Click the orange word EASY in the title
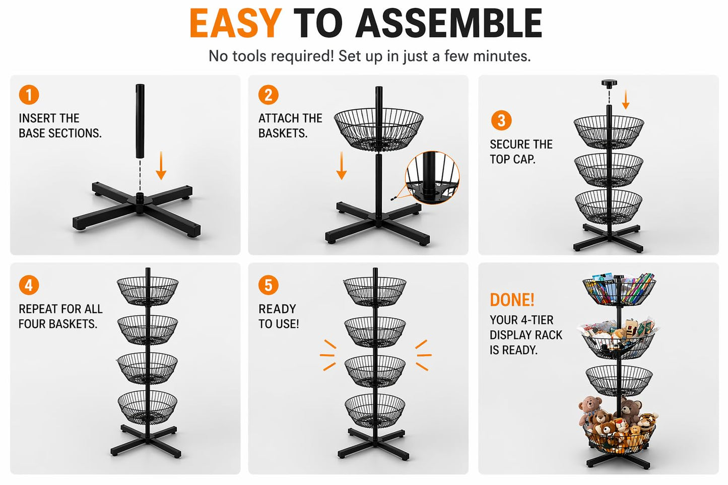[235, 23]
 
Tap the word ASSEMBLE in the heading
[449, 23]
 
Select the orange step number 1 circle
[29, 95]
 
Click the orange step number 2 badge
[268, 95]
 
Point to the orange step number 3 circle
[501, 120]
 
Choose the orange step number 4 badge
[29, 285]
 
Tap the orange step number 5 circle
[268, 285]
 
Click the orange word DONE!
[512, 300]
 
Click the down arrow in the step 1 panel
[161, 165]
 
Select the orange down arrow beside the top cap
[625, 100]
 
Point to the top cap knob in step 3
[609, 83]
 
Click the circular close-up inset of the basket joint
[432, 178]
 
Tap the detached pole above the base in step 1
[140, 121]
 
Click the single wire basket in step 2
[379, 130]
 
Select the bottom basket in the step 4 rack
[148, 407]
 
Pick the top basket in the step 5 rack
[375, 291]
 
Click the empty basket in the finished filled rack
[619, 380]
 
